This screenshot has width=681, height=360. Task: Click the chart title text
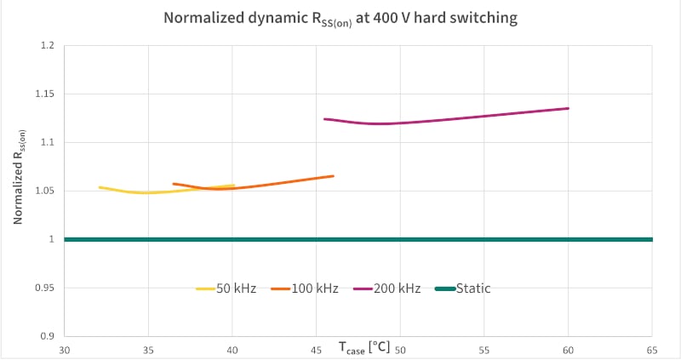coord(340,18)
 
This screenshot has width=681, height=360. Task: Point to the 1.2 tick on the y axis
coord(47,45)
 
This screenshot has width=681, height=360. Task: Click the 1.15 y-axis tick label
coord(44,94)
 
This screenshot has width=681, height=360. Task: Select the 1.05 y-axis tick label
coord(44,191)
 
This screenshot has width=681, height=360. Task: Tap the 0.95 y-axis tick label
coord(44,288)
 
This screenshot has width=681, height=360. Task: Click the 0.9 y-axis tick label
coord(47,336)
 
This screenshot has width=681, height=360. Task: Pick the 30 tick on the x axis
coord(65,350)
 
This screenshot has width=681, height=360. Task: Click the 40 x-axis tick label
coord(232,350)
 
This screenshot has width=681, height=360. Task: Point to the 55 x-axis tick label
coord(484,350)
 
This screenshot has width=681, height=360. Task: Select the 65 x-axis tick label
coord(652,350)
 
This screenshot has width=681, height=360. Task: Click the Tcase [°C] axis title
coord(363,347)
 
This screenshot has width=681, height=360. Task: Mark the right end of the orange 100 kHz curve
coord(333,176)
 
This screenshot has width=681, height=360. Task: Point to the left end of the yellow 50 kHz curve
coord(100,187)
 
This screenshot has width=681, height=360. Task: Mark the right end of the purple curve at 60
coord(568,108)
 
